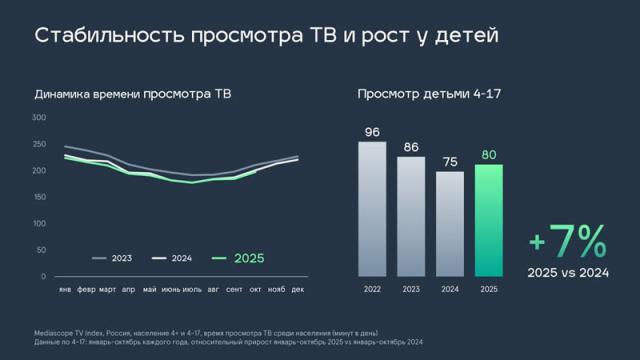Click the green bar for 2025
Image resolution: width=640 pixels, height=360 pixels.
pos(489,220)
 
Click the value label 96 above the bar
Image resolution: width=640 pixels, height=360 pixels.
pos(372,131)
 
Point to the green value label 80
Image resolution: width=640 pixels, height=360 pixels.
pos(489,154)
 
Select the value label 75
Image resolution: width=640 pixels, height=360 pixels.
pos(450,161)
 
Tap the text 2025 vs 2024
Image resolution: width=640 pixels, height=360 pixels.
pos(567,273)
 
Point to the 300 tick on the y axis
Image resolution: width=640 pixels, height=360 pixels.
pos(39,117)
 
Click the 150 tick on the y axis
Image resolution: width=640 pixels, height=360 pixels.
pos(39,197)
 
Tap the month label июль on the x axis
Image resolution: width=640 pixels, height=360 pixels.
pos(191,290)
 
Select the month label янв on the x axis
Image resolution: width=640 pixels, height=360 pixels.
pos(66,290)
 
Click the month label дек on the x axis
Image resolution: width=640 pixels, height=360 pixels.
pos(297,290)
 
